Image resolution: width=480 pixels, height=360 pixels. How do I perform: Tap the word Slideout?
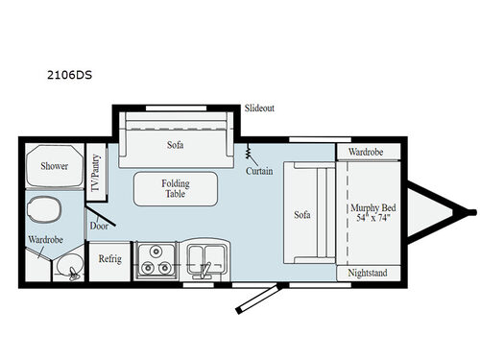(x=259, y=108)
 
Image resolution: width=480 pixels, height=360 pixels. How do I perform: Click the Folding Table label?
(x=175, y=187)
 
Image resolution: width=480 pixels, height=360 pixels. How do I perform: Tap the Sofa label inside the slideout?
(x=175, y=145)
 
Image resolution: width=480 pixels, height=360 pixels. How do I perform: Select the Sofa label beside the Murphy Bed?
(x=302, y=214)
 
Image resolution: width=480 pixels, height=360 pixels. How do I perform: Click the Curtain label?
(x=258, y=171)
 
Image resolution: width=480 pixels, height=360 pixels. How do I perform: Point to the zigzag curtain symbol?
(x=249, y=152)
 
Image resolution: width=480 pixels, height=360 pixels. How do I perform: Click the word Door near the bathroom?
(x=99, y=227)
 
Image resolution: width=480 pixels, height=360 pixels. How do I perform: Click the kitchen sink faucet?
(x=204, y=273)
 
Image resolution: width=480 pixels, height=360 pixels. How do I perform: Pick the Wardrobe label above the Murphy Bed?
(x=366, y=152)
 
